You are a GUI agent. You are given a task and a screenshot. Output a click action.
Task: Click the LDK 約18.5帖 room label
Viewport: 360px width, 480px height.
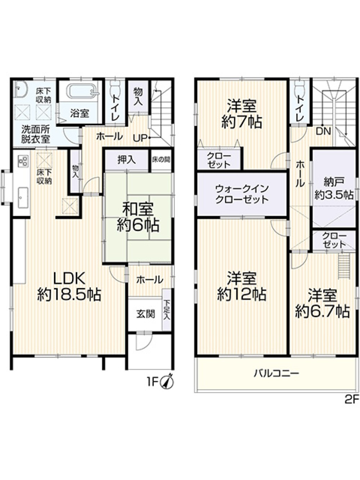click(69, 287)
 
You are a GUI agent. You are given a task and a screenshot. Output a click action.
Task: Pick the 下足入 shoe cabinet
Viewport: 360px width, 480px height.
click(167, 310)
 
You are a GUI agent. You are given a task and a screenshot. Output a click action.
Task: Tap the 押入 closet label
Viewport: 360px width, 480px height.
click(127, 160)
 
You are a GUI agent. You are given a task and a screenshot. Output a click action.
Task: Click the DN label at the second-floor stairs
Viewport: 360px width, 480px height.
click(323, 131)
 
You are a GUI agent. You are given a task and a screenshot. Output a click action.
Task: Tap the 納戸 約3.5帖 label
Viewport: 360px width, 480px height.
click(334, 188)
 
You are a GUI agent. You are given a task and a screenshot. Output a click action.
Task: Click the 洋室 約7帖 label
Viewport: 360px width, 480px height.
click(242, 114)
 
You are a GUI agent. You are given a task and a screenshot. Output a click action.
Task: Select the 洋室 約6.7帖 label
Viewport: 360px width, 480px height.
click(323, 304)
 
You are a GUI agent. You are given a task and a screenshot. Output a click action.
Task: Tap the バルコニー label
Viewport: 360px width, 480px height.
click(276, 373)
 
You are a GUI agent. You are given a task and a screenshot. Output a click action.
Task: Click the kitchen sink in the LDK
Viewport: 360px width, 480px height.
click(23, 198)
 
